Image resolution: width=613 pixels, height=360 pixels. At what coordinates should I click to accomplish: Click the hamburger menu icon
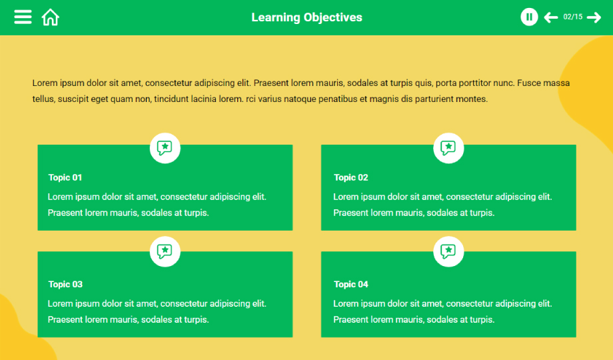coord(23,17)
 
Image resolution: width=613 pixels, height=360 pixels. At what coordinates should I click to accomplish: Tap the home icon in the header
coord(51,17)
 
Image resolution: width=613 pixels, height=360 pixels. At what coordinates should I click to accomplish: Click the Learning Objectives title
coord(307,17)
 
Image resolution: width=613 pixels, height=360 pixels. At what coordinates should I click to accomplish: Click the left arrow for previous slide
coord(551,17)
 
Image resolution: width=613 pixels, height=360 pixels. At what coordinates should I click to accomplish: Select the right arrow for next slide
coord(594,17)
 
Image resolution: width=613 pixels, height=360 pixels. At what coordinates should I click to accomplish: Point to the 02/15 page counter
coord(573,17)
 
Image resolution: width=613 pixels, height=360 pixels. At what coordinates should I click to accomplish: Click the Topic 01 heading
coord(65,177)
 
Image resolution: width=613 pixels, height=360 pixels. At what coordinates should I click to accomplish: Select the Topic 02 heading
coord(350,177)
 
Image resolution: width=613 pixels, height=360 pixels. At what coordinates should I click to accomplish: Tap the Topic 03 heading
coord(65,284)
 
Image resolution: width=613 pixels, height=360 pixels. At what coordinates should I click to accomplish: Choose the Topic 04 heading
coord(350,284)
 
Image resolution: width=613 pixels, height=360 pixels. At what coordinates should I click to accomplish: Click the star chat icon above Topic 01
coord(165,148)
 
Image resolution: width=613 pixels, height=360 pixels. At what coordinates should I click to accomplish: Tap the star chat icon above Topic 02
coord(448,148)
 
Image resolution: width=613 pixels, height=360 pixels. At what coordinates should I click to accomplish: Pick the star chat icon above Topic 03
coord(165,251)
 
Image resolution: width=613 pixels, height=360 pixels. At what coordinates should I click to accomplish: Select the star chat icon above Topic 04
coord(448,251)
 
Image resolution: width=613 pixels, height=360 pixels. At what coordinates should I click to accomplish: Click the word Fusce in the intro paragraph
coord(528,83)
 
